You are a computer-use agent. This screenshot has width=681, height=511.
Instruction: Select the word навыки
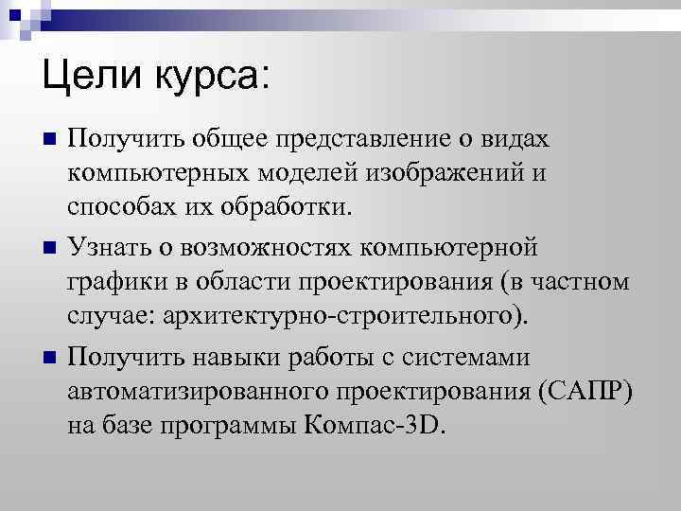click(227, 359)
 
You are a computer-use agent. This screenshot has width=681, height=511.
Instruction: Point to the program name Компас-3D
click(374, 425)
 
